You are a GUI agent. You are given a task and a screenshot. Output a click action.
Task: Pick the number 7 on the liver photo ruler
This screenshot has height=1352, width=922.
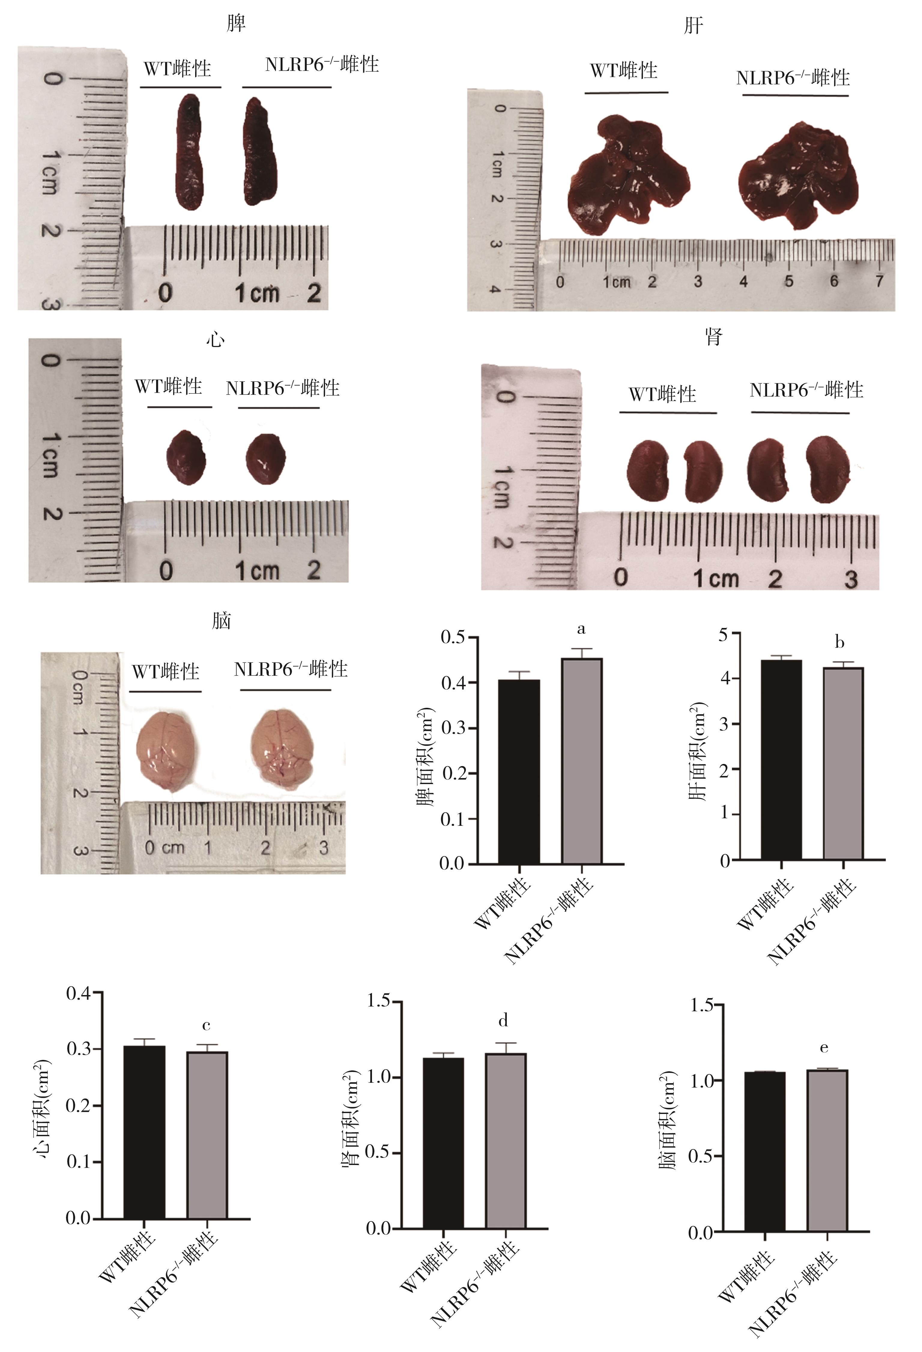pos(879,282)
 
